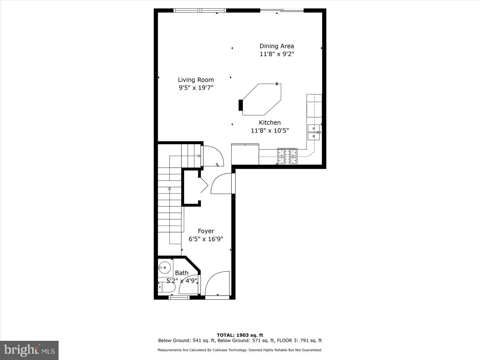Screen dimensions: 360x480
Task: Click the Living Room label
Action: pyautogui.click(x=196, y=80)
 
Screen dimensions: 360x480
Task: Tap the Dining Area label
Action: pyautogui.click(x=276, y=46)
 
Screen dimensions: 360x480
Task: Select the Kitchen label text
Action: pyautogui.click(x=270, y=123)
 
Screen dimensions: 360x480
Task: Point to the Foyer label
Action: pyautogui.click(x=206, y=231)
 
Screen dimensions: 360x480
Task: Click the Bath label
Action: pyautogui.click(x=181, y=273)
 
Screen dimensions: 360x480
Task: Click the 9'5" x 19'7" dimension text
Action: pyautogui.click(x=196, y=88)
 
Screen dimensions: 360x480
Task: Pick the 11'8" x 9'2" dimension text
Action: pyautogui.click(x=276, y=54)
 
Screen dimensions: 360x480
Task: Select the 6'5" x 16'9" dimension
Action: pyautogui.click(x=206, y=239)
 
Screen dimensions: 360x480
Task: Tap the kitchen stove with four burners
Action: pyautogui.click(x=287, y=156)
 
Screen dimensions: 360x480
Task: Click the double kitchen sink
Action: pyautogui.click(x=314, y=132)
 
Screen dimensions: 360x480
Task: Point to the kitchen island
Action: pyautogui.click(x=262, y=100)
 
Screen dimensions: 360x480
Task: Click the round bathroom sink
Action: pyautogui.click(x=165, y=267)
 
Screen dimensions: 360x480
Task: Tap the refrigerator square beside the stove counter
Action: pyautogui.click(x=245, y=154)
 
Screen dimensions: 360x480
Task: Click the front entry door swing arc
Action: pyautogui.click(x=217, y=284)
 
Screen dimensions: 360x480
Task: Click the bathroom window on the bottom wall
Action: pyautogui.click(x=179, y=298)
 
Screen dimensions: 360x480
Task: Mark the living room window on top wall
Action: pyautogui.click(x=200, y=11)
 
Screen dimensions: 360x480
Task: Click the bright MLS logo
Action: pyautogui.click(x=29, y=350)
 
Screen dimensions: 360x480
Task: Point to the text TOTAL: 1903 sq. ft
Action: pyautogui.click(x=240, y=335)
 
